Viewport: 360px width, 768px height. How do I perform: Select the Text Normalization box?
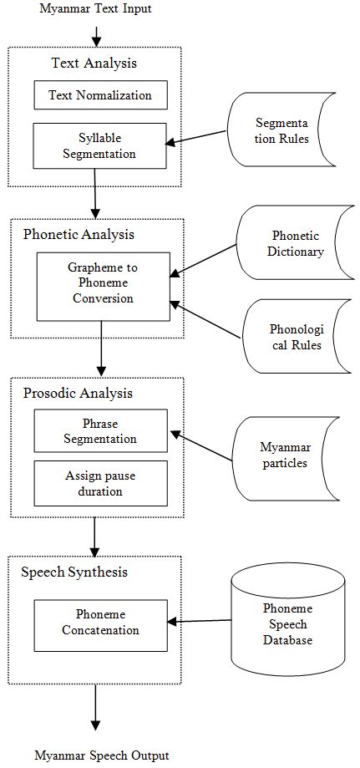[100, 95]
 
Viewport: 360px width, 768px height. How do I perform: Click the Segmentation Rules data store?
[281, 131]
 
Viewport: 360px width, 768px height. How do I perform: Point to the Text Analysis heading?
[94, 63]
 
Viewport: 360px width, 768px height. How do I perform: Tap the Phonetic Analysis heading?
[78, 234]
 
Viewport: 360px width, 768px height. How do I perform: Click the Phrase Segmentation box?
[100, 431]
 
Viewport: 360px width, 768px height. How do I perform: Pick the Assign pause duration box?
[100, 484]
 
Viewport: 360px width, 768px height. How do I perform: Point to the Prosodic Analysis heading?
[77, 393]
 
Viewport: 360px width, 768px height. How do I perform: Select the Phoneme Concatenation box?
[100, 623]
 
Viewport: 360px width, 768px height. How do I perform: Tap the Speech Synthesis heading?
[75, 572]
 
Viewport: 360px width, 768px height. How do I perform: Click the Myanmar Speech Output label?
[102, 755]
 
